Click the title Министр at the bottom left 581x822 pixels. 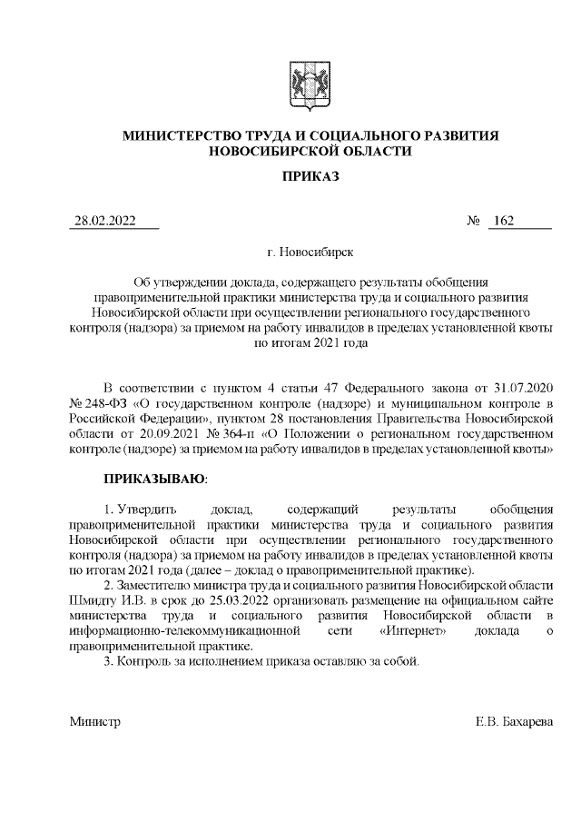94,722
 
